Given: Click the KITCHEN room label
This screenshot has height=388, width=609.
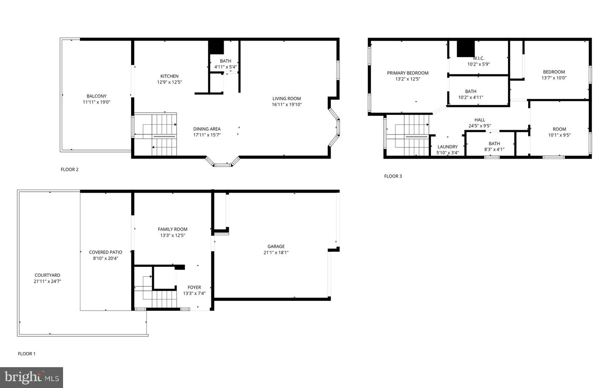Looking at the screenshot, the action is pyautogui.click(x=169, y=76).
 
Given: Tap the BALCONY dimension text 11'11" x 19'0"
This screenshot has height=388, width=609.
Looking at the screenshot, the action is pyautogui.click(x=96, y=102).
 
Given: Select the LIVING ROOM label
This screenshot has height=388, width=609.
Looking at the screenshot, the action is pyautogui.click(x=287, y=98).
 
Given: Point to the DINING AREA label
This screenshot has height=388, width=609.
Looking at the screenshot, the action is pyautogui.click(x=207, y=129).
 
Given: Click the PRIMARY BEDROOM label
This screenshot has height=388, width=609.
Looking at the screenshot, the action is pyautogui.click(x=408, y=73).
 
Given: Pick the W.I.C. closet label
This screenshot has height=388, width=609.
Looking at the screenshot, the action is pyautogui.click(x=478, y=58).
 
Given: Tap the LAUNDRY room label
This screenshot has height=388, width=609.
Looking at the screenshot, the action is pyautogui.click(x=447, y=147).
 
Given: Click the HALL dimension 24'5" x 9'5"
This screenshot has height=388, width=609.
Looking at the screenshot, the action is pyautogui.click(x=480, y=126).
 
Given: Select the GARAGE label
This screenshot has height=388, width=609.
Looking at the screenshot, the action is pyautogui.click(x=276, y=246).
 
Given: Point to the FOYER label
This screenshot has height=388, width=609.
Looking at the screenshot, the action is pyautogui.click(x=194, y=287).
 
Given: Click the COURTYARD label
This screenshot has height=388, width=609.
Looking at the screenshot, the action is pyautogui.click(x=47, y=275).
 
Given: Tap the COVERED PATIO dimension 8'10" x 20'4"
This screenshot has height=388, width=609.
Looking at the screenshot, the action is pyautogui.click(x=105, y=258).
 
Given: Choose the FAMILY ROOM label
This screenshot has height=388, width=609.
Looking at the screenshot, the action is pyautogui.click(x=173, y=229).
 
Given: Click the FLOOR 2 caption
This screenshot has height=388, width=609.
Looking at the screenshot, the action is pyautogui.click(x=69, y=169).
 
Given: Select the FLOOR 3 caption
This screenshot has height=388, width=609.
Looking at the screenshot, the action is pyautogui.click(x=393, y=176).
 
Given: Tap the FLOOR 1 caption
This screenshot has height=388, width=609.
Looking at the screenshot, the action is pyautogui.click(x=26, y=353).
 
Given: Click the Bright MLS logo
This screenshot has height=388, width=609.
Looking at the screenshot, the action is pyautogui.click(x=32, y=377).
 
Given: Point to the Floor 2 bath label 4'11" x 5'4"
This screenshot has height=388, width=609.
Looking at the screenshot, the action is pyautogui.click(x=225, y=67).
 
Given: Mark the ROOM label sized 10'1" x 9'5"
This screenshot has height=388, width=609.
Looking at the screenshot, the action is pyautogui.click(x=559, y=129).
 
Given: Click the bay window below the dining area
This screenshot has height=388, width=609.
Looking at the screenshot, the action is pyautogui.click(x=222, y=163).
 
